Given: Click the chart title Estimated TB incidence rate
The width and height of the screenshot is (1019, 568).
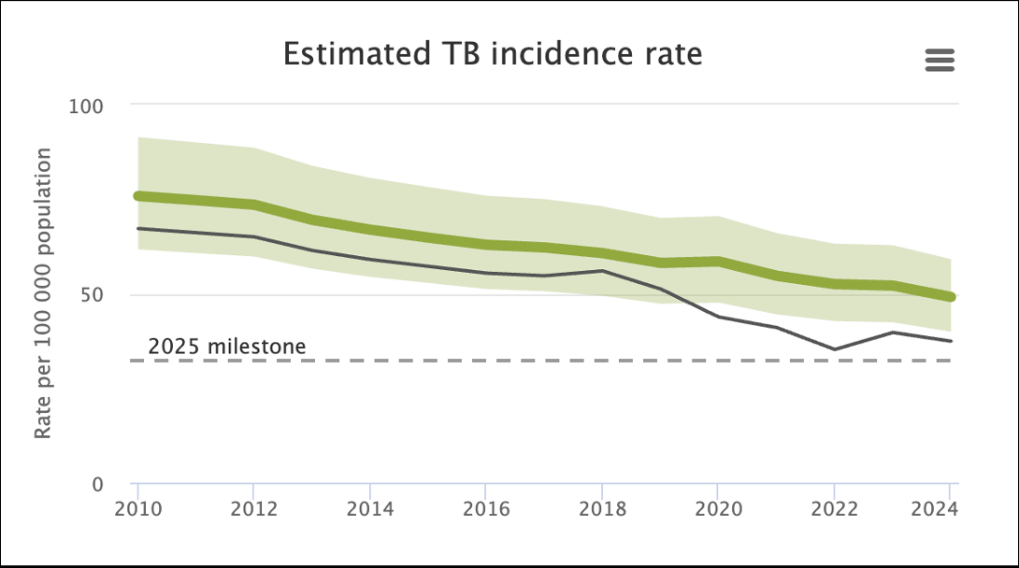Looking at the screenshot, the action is pyautogui.click(x=493, y=54).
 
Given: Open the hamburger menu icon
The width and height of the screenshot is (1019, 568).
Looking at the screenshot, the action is pyautogui.click(x=940, y=61).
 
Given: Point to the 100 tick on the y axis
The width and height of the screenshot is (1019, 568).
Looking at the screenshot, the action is pyautogui.click(x=86, y=106).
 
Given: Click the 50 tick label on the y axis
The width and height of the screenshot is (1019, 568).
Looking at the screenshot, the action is pyautogui.click(x=92, y=294).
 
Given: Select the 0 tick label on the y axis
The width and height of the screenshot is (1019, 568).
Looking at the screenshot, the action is pyautogui.click(x=97, y=484).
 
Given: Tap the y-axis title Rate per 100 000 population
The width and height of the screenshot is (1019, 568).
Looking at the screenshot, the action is pyautogui.click(x=42, y=293).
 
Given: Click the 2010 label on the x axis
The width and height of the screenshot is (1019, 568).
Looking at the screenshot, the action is pyautogui.click(x=138, y=508).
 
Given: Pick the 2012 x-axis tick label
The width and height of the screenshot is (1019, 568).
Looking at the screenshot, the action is pyautogui.click(x=254, y=508).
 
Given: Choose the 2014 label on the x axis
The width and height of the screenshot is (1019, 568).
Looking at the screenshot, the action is pyautogui.click(x=370, y=508).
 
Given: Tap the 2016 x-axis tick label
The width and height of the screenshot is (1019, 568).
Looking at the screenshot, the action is pyautogui.click(x=486, y=508).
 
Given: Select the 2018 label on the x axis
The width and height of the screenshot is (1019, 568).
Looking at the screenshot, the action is pyautogui.click(x=602, y=508).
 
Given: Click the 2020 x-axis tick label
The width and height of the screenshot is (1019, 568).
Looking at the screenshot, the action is pyautogui.click(x=718, y=508).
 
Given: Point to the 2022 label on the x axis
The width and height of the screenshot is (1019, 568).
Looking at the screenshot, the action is pyautogui.click(x=835, y=508).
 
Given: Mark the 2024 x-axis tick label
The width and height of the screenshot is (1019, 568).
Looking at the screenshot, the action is pyautogui.click(x=935, y=508).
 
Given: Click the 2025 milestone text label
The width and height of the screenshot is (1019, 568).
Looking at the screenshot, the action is pyautogui.click(x=227, y=347).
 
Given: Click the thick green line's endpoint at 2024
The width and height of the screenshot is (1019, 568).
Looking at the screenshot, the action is pyautogui.click(x=951, y=297).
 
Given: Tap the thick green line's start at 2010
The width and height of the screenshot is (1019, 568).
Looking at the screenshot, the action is pyautogui.click(x=138, y=195).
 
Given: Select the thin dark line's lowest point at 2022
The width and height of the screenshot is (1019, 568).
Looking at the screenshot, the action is pyautogui.click(x=834, y=349).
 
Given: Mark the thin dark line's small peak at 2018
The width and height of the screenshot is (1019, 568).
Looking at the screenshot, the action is pyautogui.click(x=602, y=271).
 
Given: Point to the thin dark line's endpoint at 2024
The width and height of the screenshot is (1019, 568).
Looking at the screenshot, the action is pyautogui.click(x=951, y=341).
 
